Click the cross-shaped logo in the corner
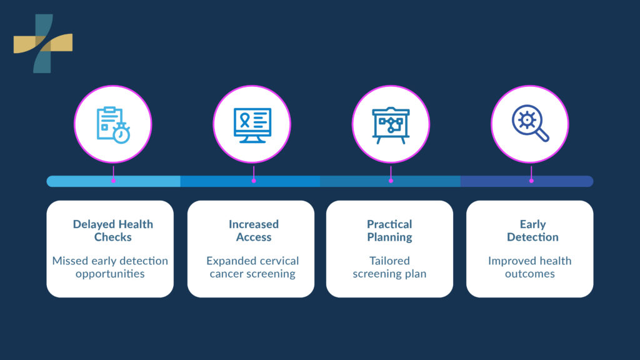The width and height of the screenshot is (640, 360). [x=42, y=43]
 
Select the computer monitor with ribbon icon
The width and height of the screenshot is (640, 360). [x=252, y=124]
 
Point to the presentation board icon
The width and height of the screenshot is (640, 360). [x=391, y=124]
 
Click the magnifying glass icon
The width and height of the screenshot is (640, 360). [x=530, y=123]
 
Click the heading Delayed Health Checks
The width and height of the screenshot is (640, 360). [x=113, y=231]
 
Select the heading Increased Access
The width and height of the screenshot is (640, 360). [x=254, y=231]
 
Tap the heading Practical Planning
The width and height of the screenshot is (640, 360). [x=389, y=231]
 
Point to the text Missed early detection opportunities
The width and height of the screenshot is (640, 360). [x=110, y=267]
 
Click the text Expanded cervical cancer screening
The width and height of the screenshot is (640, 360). [x=252, y=267]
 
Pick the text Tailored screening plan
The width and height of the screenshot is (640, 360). [x=389, y=267]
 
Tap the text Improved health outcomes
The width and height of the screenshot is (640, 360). [x=530, y=267]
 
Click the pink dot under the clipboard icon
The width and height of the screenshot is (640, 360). [x=113, y=181]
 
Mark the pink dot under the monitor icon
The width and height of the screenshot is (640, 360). [x=254, y=181]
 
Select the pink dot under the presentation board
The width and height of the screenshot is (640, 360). [x=391, y=181]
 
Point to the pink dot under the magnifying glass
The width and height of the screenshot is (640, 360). [x=531, y=181]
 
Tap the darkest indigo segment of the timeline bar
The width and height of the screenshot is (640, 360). [x=562, y=181]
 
